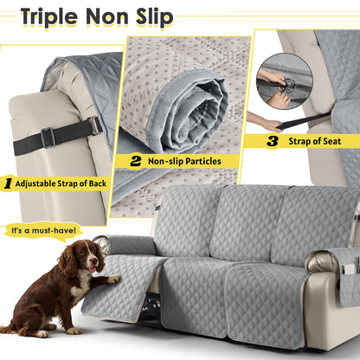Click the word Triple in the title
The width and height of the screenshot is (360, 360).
click(x=52, y=16)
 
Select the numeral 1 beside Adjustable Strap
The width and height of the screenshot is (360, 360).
click(x=7, y=183)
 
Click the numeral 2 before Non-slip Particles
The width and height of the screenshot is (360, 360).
click(x=136, y=160)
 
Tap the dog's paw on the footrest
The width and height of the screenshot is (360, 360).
click(x=112, y=279)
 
